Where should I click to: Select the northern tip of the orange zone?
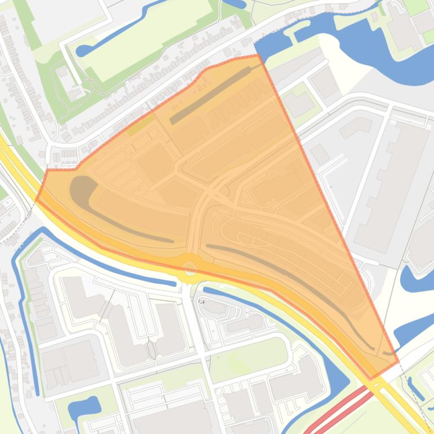click(x=258, y=55)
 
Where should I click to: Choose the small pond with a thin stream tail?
click(x=85, y=409)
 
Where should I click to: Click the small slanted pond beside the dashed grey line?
click(x=415, y=389)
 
